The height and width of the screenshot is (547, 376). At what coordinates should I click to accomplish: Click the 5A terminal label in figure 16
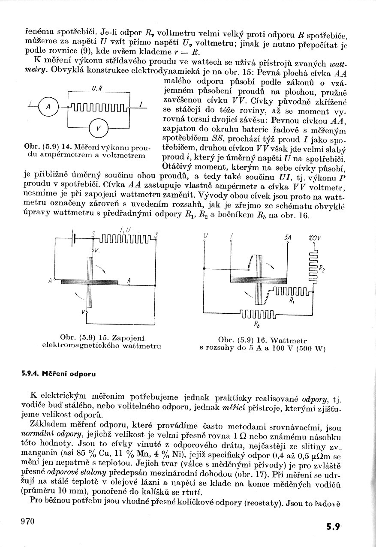288,237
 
